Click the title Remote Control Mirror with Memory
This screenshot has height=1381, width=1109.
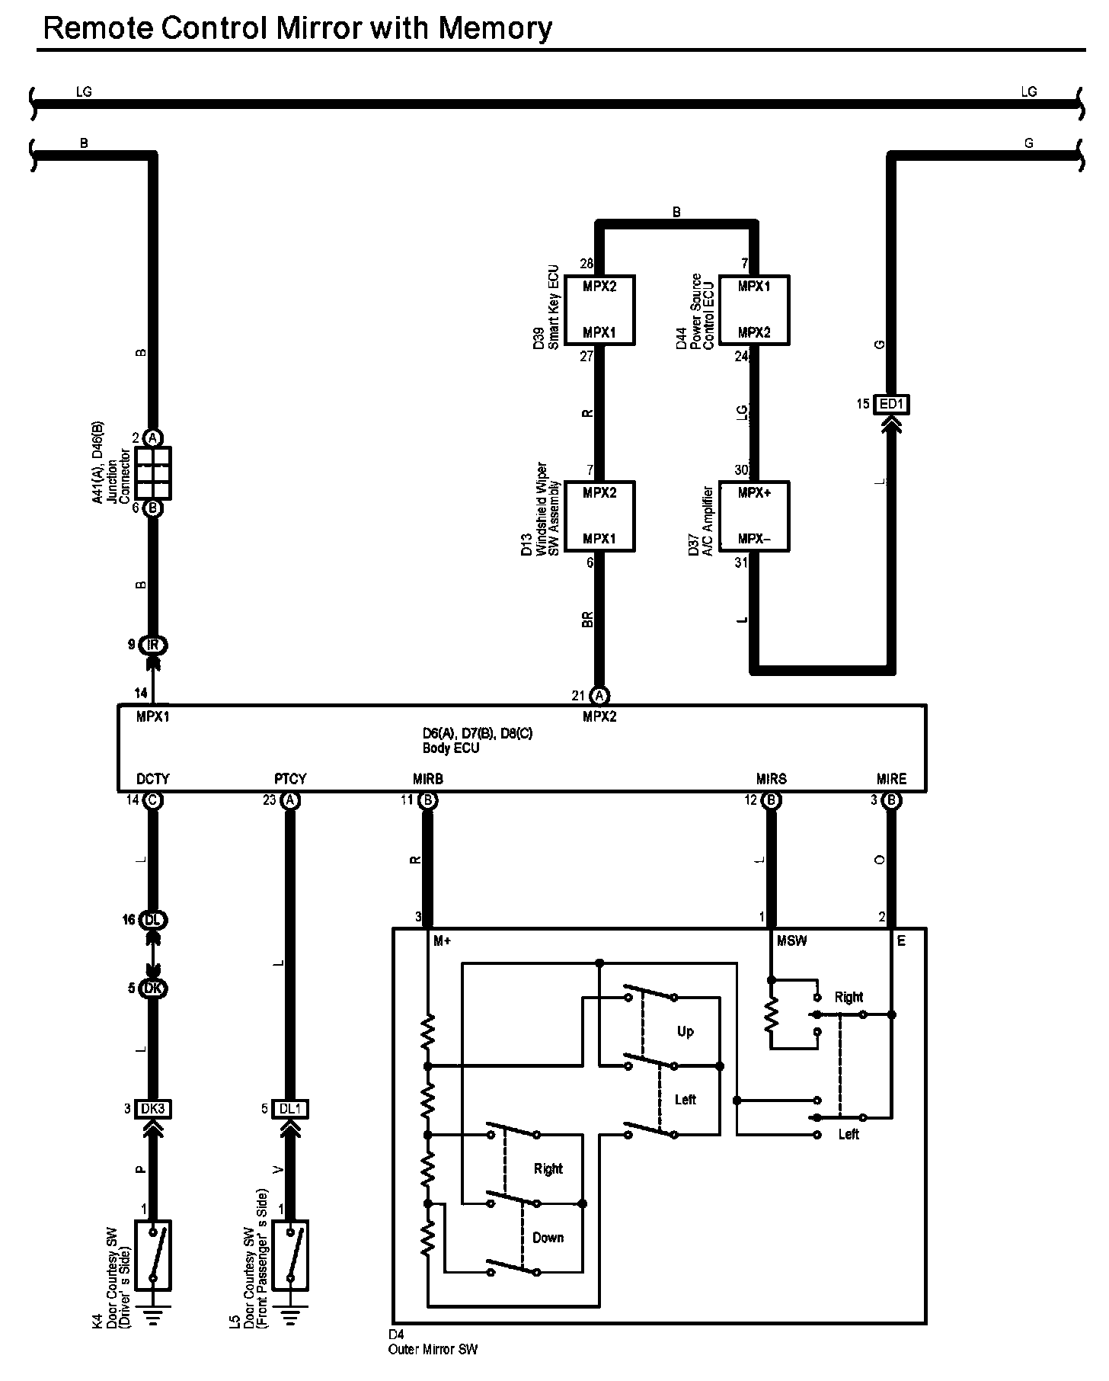tap(297, 28)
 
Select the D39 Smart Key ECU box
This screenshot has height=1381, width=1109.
tap(599, 310)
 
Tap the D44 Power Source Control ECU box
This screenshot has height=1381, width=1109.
tap(754, 310)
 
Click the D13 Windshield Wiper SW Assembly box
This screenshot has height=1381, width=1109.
tap(599, 516)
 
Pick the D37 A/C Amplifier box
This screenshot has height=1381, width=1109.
tap(754, 516)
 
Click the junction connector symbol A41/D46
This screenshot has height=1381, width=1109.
tap(152, 473)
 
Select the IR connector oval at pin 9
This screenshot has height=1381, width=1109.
tap(153, 645)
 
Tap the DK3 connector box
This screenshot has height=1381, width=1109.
tap(152, 1109)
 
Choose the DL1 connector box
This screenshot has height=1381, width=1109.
tap(289, 1109)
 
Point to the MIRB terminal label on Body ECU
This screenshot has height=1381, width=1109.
tap(427, 779)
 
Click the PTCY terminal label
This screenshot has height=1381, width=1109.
tap(290, 779)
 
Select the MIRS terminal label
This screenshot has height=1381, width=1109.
tap(771, 779)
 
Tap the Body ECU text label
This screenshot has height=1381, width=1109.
tap(451, 748)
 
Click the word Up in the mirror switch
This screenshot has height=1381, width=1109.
tap(686, 1031)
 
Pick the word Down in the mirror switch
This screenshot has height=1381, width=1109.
tap(548, 1237)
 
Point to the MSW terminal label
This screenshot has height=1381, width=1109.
tap(791, 941)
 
